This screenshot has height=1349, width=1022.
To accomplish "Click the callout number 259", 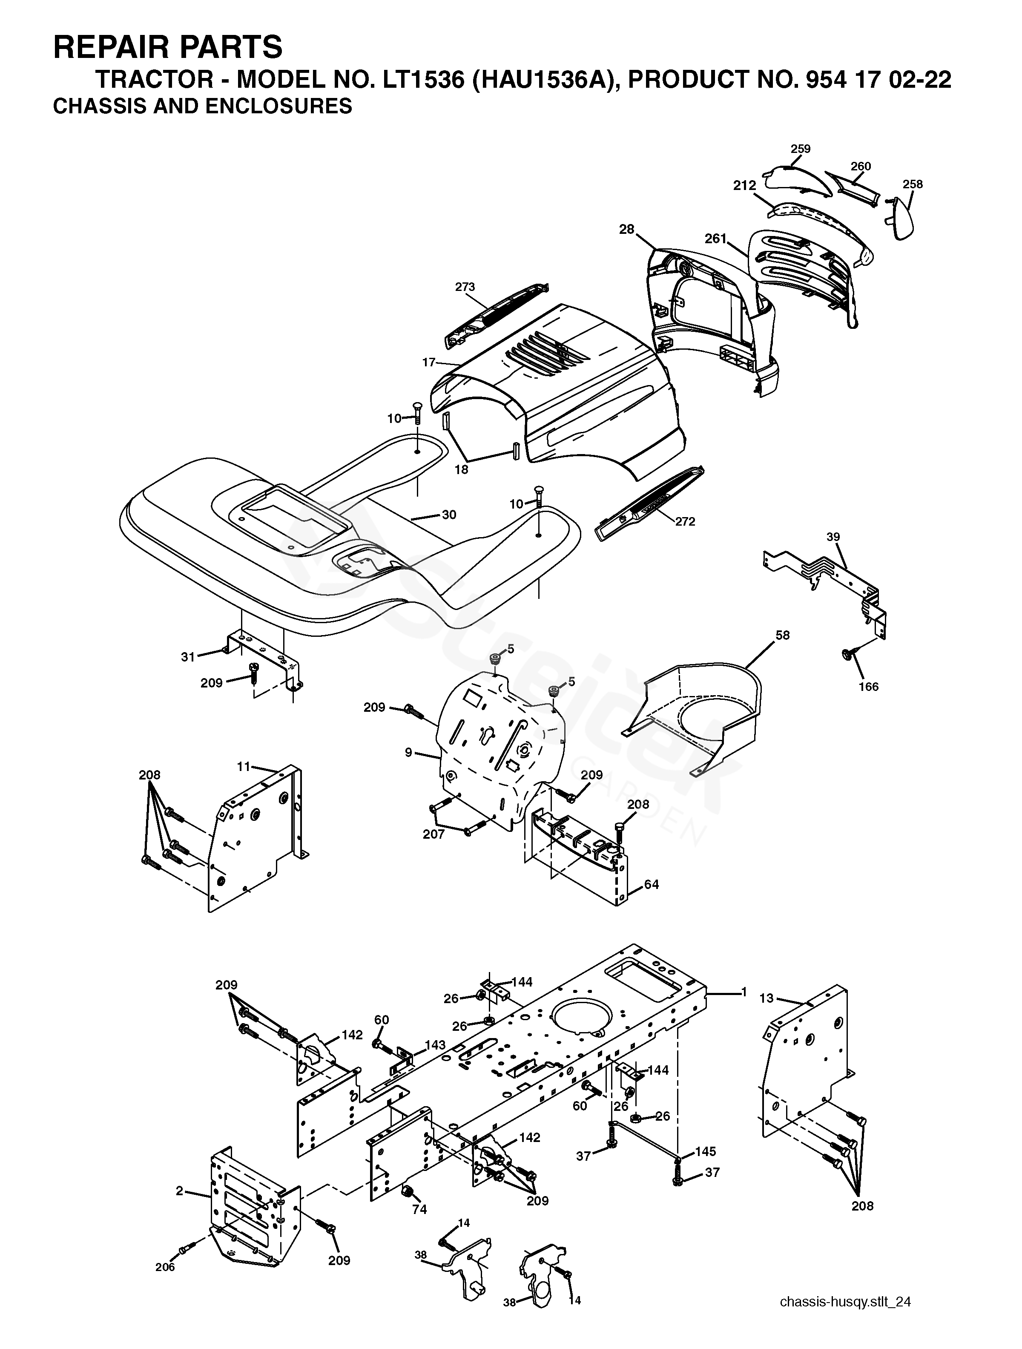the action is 800,149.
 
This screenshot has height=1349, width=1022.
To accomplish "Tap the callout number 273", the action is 465,287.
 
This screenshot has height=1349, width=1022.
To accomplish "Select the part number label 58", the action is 782,635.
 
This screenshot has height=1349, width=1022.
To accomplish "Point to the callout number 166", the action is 869,687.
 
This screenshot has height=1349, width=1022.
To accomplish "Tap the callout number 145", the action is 706,1151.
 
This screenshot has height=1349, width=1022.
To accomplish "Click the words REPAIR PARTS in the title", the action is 168,47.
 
